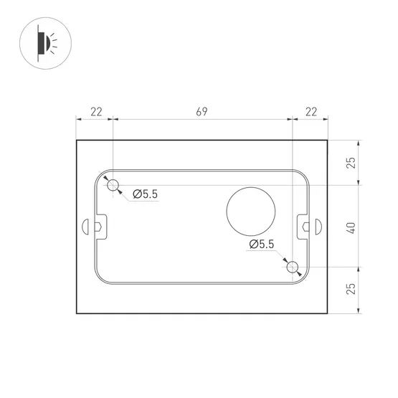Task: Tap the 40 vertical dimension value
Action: [350, 227]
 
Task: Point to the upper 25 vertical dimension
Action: [350, 163]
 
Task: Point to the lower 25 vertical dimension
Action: [350, 290]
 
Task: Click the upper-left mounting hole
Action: [113, 186]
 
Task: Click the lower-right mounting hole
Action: [292, 267]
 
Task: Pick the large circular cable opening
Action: [250, 211]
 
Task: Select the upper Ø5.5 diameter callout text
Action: [145, 193]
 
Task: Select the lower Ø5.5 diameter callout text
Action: [261, 245]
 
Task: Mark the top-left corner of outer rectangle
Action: [77, 140]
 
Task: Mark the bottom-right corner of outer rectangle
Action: [328, 313]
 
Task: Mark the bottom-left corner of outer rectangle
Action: [77, 313]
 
